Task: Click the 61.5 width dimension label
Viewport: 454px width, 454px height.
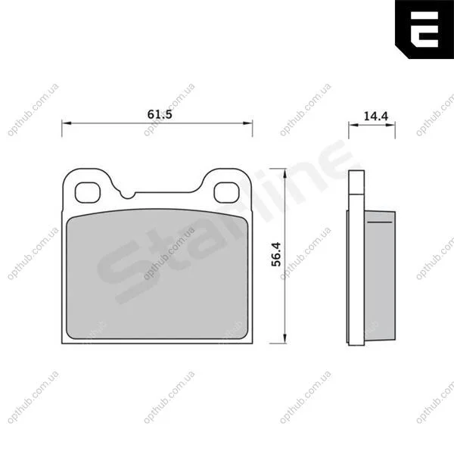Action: [x=160, y=114]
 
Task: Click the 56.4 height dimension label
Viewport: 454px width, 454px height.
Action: [x=276, y=254]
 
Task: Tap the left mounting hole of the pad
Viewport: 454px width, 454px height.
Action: [x=88, y=192]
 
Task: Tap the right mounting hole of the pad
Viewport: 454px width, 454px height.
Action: [x=226, y=192]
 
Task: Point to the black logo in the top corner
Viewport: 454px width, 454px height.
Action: [x=424, y=30]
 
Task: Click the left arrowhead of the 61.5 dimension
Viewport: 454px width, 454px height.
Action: [x=67, y=123]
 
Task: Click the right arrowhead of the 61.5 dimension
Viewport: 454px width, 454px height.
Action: [x=247, y=123]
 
